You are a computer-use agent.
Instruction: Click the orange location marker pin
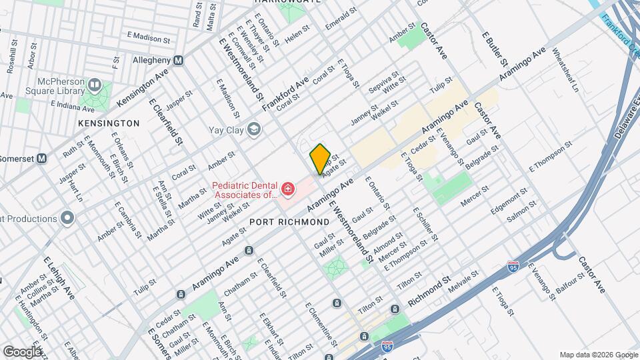coord(320,159)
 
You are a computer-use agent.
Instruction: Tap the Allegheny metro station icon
coord(179,60)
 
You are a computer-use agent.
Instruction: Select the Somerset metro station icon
coord(41,158)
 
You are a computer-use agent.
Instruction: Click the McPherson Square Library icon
coord(94,85)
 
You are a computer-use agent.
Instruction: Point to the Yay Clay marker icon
coord(253,129)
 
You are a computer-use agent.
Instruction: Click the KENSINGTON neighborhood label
coord(109,123)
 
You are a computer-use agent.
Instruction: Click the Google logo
coord(22,351)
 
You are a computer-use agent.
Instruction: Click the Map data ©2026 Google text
coord(597,354)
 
